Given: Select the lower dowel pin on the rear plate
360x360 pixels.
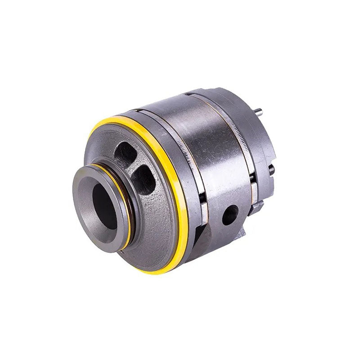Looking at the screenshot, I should [x=271, y=170].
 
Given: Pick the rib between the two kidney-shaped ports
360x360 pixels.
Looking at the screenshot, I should [x=135, y=164].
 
